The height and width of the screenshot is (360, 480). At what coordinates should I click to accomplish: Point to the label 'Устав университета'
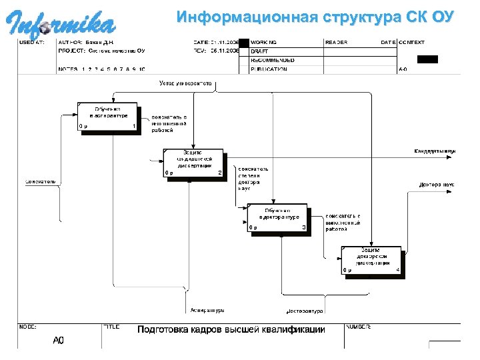tap(185, 83)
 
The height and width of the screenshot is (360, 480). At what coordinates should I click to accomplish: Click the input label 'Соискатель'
tap(41, 181)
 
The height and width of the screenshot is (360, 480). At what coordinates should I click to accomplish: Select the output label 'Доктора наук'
tap(437, 184)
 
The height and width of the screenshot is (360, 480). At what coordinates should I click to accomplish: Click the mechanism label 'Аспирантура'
tap(207, 311)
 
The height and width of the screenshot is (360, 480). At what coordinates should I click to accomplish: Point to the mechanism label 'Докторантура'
tap(304, 311)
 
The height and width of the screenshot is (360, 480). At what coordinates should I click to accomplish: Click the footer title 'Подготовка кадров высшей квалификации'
tap(231, 330)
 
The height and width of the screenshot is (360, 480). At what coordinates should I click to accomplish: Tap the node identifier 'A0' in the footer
tap(59, 341)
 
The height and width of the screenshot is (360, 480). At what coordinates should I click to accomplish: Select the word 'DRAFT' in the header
tap(259, 51)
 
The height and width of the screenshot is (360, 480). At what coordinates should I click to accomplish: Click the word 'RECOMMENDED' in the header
tap(272, 60)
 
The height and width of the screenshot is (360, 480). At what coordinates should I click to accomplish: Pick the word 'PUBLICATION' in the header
tap(269, 69)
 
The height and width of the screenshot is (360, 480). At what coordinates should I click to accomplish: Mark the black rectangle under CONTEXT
tap(427, 59)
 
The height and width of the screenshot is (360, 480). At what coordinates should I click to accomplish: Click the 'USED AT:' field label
tap(32, 42)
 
